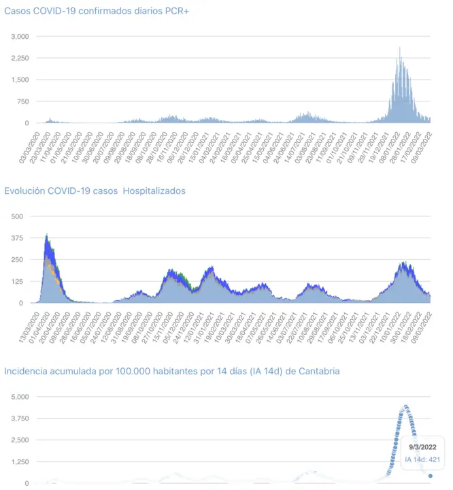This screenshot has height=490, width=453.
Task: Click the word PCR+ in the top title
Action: click(x=175, y=12)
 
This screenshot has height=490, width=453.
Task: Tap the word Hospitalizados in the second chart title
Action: click(x=152, y=191)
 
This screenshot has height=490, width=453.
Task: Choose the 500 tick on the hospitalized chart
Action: click(x=16, y=216)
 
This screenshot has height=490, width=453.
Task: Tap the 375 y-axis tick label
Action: click(x=16, y=238)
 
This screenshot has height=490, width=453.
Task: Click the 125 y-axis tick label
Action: click(x=16, y=281)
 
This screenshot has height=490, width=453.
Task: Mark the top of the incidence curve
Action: click(x=405, y=406)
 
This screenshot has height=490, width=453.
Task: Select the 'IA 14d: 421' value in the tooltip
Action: click(x=423, y=460)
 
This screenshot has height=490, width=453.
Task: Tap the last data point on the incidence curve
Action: click(x=431, y=476)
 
